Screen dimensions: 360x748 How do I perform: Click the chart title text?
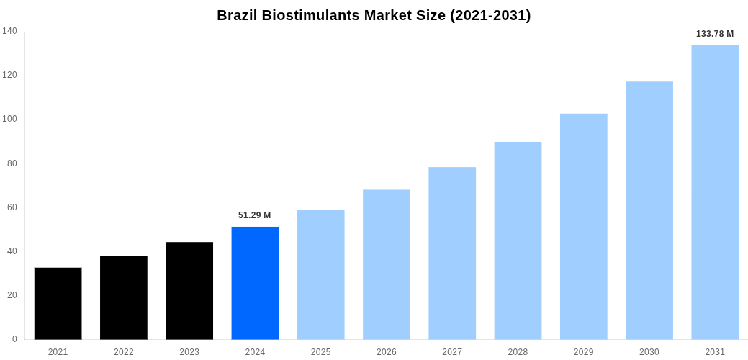tap(374, 15)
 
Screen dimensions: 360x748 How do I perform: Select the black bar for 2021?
tap(58, 303)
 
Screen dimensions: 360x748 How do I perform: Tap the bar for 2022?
tap(124, 297)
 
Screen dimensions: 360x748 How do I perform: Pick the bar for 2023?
tap(189, 290)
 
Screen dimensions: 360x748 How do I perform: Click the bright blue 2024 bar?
tap(255, 283)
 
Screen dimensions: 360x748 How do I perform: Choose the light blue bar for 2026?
tap(387, 264)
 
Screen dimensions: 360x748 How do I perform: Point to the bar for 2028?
tap(518, 240)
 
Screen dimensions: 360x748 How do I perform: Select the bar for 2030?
tap(649, 210)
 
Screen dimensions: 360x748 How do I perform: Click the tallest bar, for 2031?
tap(715, 192)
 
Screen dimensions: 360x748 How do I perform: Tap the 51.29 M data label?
tap(255, 215)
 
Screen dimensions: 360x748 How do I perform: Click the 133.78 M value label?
tap(715, 34)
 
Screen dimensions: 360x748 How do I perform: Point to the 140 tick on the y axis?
tap(9, 31)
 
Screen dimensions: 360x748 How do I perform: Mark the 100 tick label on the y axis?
tap(9, 119)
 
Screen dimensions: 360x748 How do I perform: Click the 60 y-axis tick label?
tap(12, 207)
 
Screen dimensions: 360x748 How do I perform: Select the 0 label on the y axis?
tap(14, 339)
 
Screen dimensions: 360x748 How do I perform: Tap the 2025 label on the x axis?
tap(320, 352)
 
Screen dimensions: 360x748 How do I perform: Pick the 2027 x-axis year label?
tap(452, 352)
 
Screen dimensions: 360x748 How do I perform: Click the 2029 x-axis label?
tap(584, 352)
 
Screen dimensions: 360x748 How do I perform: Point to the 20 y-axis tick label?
tap(12, 295)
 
